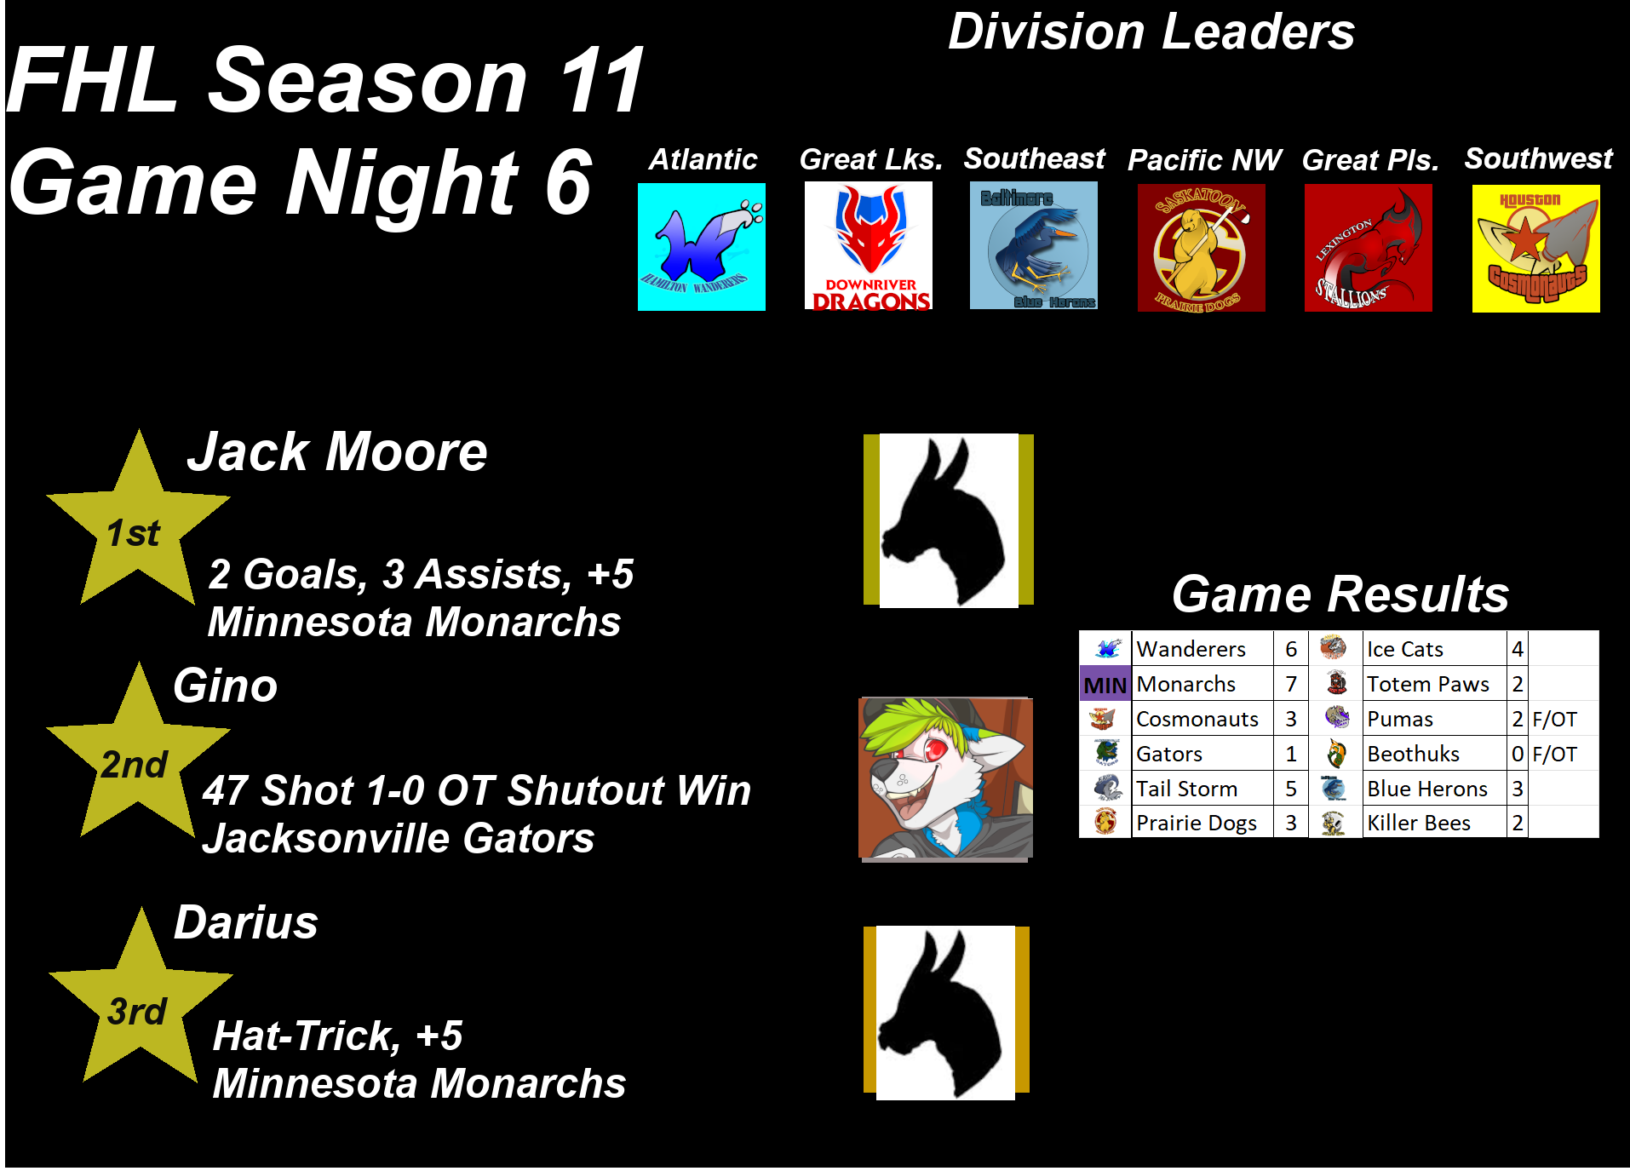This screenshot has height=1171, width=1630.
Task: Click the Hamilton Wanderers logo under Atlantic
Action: pos(702,247)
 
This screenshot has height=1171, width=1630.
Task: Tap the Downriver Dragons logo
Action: pos(869,245)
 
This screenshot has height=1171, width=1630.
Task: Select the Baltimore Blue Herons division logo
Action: pos(1034,245)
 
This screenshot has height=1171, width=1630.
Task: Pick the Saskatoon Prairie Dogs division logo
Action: pos(1202,248)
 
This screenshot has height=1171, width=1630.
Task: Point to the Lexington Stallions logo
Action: pos(1369,248)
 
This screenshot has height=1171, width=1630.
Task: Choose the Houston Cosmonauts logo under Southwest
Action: pos(1536,249)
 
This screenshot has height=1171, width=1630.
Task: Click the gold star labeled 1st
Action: pos(137,519)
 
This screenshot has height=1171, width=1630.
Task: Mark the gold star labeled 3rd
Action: pos(141,996)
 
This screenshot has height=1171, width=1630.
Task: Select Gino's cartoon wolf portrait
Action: pos(945,778)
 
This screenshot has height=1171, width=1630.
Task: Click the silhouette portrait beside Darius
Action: pos(946,1013)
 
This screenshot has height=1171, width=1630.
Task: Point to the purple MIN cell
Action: pos(1105,684)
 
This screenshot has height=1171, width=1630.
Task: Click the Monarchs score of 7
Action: pos(1291,684)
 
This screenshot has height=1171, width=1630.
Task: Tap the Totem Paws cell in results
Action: pos(1434,684)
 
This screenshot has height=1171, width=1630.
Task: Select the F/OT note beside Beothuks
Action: pos(1554,754)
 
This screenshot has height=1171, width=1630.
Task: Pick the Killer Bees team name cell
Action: pos(1434,823)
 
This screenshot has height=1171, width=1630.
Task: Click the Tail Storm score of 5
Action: pos(1291,789)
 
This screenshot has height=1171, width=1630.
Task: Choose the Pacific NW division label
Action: pos(1204,160)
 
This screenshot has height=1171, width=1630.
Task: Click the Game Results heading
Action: pos(1340,594)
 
